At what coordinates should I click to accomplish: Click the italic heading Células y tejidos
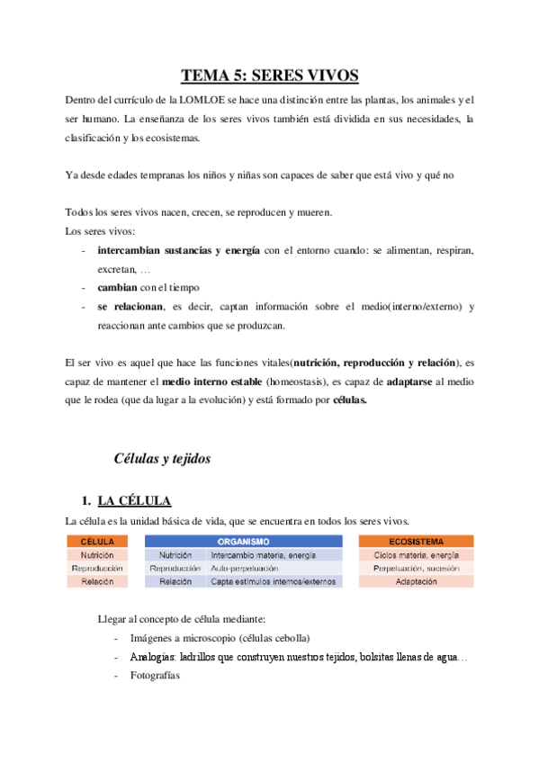[x=162, y=459]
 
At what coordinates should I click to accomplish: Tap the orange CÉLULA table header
[x=97, y=542]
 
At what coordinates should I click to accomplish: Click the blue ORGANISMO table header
[x=244, y=542]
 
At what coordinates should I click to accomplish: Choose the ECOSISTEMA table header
[x=416, y=542]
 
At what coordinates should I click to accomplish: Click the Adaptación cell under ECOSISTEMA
[x=416, y=582]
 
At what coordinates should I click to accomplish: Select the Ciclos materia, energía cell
[x=416, y=555]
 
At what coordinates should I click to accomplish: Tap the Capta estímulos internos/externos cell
[x=274, y=582]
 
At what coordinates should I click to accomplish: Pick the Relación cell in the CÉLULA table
[x=97, y=582]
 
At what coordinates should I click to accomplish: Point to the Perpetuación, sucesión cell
[x=416, y=569]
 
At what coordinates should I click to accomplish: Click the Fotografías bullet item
[x=155, y=675]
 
